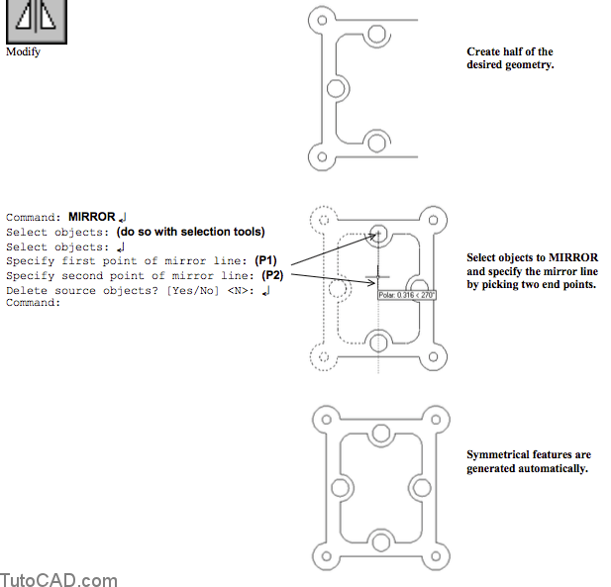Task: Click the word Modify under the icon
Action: click(23, 51)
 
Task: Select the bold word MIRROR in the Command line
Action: click(91, 216)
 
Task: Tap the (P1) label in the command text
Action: click(267, 260)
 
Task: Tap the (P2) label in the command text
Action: click(273, 275)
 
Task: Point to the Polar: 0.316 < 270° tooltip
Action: click(407, 294)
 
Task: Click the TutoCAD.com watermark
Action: click(58, 580)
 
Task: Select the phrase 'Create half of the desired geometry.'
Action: click(510, 58)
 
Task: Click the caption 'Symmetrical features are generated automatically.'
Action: click(528, 461)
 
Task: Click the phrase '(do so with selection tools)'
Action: click(190, 232)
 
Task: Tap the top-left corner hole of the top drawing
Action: click(319, 19)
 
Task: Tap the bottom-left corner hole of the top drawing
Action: click(319, 156)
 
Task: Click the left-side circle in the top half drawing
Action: click(335, 88)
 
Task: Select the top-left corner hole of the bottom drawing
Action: click(319, 416)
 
